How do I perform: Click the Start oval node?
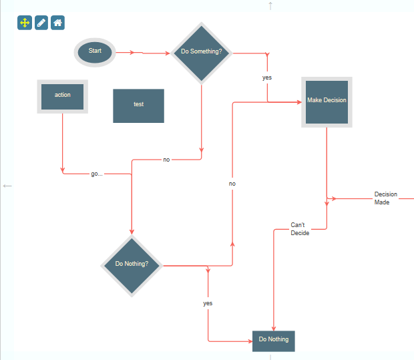[x=95, y=51]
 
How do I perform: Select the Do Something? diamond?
[x=201, y=51]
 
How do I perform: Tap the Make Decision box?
[x=327, y=101]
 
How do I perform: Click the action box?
[x=62, y=96]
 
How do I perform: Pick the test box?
[x=138, y=105]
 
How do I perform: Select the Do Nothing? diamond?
[x=132, y=264]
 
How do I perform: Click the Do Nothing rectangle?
[x=273, y=340]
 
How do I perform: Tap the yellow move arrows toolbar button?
[x=25, y=23]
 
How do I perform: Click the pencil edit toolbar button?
[x=41, y=23]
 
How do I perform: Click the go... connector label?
[x=97, y=174]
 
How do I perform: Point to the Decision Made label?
[x=385, y=198]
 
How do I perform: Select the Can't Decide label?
[x=300, y=229]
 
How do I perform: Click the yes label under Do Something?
[x=267, y=77]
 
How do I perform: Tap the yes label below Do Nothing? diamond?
[x=208, y=303]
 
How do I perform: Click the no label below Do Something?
[x=166, y=160]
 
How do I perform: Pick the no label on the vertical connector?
[x=232, y=184]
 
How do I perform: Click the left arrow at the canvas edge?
[x=7, y=186]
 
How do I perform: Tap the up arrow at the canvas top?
[x=270, y=6]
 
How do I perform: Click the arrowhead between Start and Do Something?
[x=140, y=52]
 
